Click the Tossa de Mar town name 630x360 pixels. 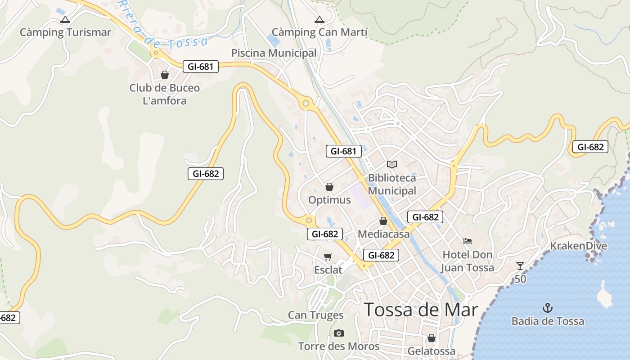coord(420,310)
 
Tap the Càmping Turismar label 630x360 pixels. coord(65,32)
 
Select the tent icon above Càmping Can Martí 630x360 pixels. coord(319,19)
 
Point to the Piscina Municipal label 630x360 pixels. coord(274,53)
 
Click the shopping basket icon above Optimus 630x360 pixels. coord(329,187)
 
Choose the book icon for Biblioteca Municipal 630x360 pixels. coord(392,165)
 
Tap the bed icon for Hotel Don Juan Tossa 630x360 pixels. coord(468,241)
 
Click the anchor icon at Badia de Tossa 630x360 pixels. coord(548,308)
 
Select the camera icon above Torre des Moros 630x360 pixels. coord(339,333)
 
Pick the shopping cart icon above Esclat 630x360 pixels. coord(328,256)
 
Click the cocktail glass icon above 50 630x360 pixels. coord(520,265)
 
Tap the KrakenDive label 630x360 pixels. coord(579,246)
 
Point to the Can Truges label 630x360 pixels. coord(315,315)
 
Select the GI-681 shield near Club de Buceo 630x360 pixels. coord(201,67)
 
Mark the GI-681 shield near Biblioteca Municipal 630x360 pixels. coord(344,151)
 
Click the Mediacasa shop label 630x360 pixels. coord(383,234)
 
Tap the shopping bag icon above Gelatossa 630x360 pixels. coord(432,337)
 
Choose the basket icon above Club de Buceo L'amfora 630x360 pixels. coord(165,75)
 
